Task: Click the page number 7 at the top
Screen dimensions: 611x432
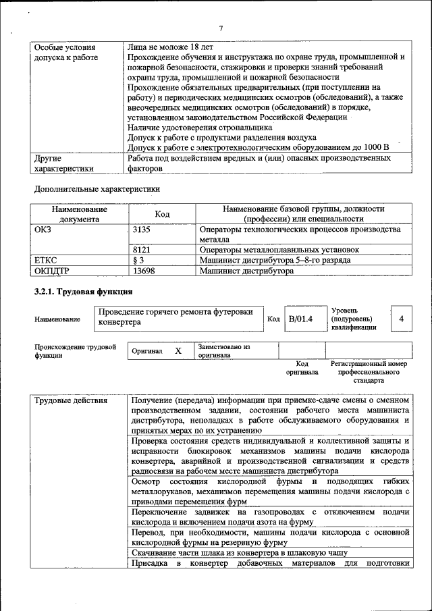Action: pos(221,28)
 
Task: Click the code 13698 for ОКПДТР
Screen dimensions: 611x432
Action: pos(144,271)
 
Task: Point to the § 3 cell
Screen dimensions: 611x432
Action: pos(139,260)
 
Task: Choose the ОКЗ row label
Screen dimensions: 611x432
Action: pos(43,230)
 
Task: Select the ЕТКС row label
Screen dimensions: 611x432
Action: pos(46,260)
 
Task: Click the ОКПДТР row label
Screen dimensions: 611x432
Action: pos(52,271)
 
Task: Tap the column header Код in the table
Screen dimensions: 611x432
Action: pos(162,213)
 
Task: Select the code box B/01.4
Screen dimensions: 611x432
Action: pos(300,319)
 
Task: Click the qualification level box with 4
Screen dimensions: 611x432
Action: pos(401,319)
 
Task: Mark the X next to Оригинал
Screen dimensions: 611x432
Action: pos(178,351)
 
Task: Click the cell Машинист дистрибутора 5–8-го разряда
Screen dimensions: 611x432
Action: pos(275,260)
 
